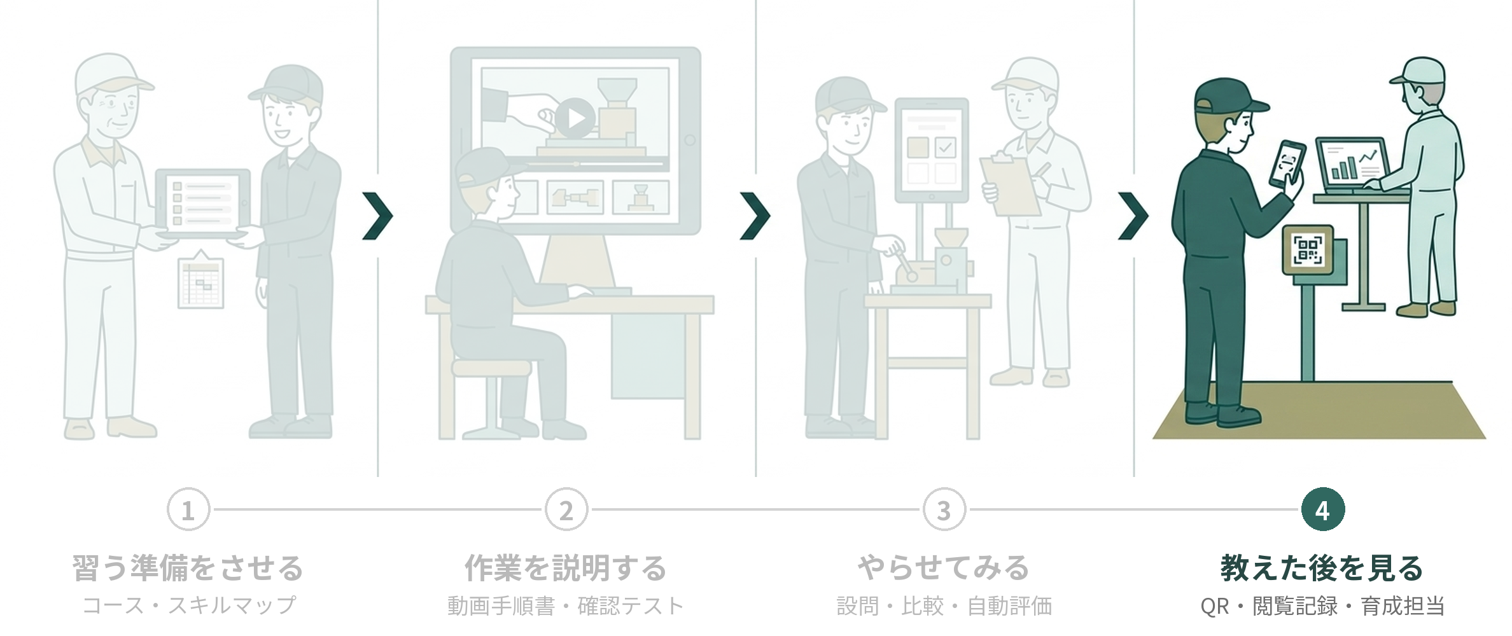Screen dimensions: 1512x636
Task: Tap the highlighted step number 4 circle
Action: pyautogui.click(x=1322, y=510)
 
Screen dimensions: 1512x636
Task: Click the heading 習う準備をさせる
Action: pyautogui.click(x=188, y=568)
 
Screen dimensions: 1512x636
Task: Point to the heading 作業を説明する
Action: pyautogui.click(x=566, y=568)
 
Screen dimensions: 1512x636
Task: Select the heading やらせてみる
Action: pyautogui.click(x=944, y=568)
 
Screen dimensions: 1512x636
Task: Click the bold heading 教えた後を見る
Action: pyautogui.click(x=1322, y=568)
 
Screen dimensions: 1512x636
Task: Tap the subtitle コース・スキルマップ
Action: pyautogui.click(x=188, y=605)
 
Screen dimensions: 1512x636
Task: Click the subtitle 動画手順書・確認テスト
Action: pyautogui.click(x=566, y=605)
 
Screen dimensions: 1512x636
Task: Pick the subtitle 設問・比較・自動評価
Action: pyautogui.click(x=944, y=605)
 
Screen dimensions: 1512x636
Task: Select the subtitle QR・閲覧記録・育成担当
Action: pyautogui.click(x=1322, y=605)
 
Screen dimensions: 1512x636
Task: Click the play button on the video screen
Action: pyautogui.click(x=575, y=118)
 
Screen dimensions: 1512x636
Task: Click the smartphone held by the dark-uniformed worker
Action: pyautogui.click(x=1287, y=164)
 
